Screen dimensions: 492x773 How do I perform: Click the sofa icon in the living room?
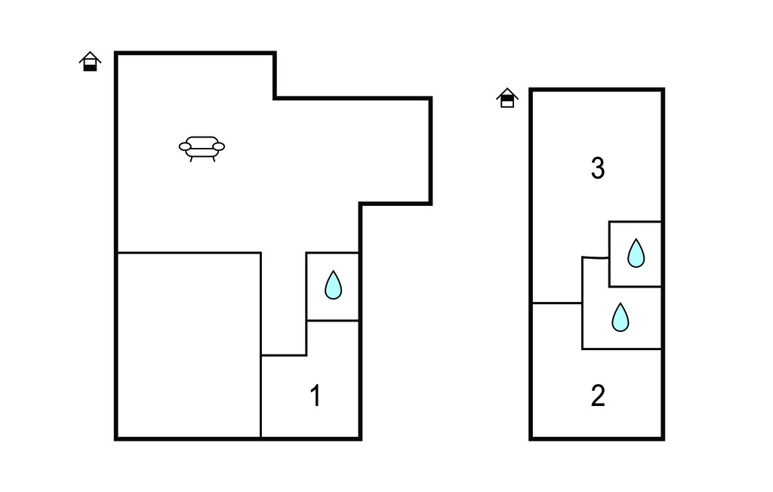(202, 148)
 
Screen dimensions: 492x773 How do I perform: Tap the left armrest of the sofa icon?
(185, 146)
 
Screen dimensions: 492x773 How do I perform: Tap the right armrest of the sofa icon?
(219, 146)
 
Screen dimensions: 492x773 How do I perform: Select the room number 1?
(316, 396)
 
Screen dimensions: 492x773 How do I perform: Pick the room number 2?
(598, 396)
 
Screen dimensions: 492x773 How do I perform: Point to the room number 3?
(598, 169)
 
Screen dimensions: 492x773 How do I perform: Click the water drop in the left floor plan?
(333, 285)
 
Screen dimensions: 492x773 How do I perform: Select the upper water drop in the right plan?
(636, 254)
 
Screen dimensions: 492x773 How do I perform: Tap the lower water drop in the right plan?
(620, 318)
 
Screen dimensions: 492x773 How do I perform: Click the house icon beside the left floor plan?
(91, 62)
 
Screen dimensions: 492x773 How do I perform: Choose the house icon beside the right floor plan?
(507, 98)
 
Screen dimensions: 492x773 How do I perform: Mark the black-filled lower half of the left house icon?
(91, 67)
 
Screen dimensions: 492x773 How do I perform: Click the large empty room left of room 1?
(189, 345)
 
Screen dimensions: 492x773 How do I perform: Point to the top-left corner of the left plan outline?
(116, 54)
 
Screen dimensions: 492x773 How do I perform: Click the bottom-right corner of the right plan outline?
(663, 437)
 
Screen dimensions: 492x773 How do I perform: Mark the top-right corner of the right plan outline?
(663, 91)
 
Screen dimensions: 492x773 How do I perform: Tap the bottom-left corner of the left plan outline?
(116, 438)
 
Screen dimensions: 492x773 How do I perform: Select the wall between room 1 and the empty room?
(260, 396)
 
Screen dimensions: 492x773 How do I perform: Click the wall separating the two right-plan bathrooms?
(635, 287)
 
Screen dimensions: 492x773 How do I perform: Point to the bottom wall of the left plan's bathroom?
(332, 321)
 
